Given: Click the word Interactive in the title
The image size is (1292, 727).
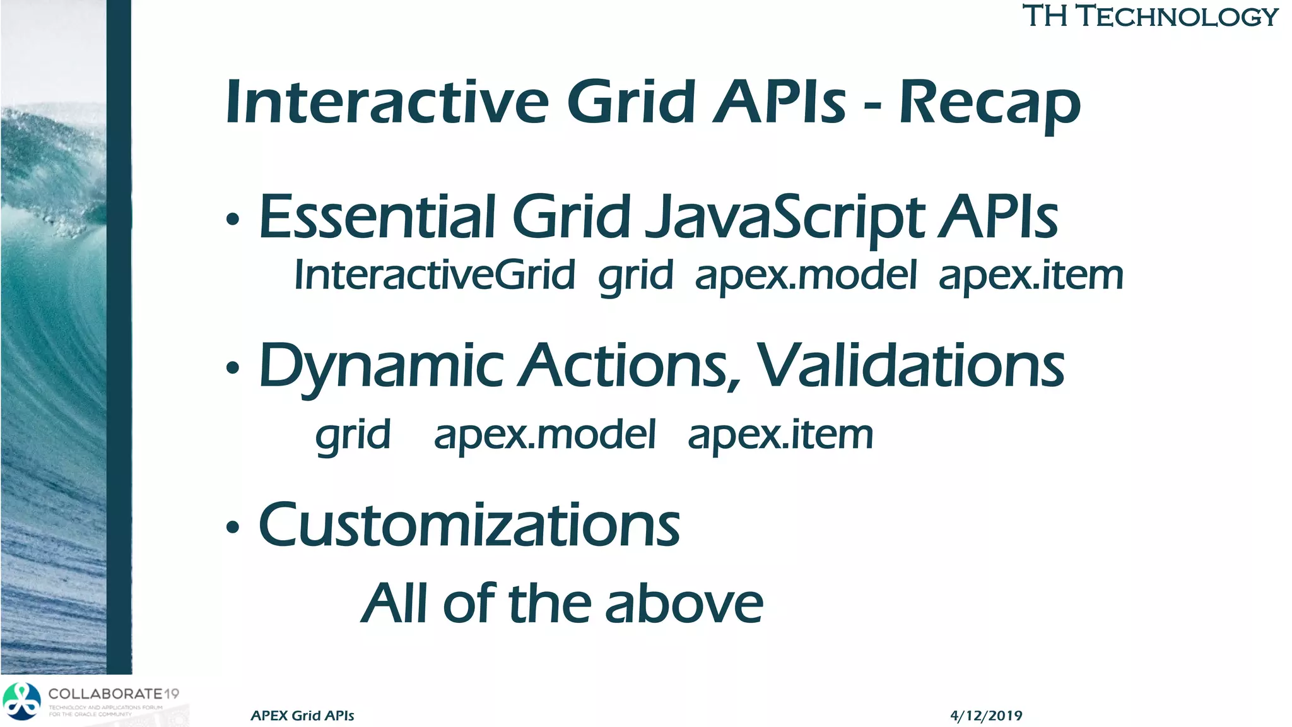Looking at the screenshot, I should pyautogui.click(x=387, y=102).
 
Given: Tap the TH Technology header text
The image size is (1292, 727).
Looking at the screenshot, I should pyautogui.click(x=1149, y=16).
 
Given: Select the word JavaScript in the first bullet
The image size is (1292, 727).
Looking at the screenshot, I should pyautogui.click(x=785, y=218).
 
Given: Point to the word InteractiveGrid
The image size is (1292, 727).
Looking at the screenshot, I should pyautogui.click(x=435, y=276).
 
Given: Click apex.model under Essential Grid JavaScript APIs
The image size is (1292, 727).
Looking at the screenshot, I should pyautogui.click(x=806, y=276).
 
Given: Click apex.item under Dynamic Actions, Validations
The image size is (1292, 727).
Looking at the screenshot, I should pyautogui.click(x=780, y=435).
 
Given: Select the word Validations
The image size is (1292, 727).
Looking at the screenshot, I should pyautogui.click(x=910, y=366).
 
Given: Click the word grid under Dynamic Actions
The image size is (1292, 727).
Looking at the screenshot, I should pyautogui.click(x=353, y=435).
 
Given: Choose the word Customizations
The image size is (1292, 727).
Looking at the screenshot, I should pyautogui.click(x=469, y=525).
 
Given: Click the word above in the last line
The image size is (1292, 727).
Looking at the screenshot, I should pyautogui.click(x=684, y=604).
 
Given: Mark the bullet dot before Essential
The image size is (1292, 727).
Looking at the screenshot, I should pyautogui.click(x=233, y=220).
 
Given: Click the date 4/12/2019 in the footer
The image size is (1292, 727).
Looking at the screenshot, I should pyautogui.click(x=985, y=716).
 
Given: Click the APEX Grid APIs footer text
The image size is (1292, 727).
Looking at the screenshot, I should pyautogui.click(x=302, y=716).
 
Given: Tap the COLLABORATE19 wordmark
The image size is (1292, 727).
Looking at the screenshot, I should pyautogui.click(x=114, y=694).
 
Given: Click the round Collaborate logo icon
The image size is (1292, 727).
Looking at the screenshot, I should pyautogui.click(x=21, y=701).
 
